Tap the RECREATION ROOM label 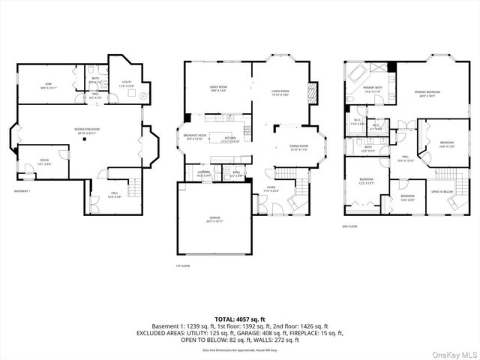tap(88, 130)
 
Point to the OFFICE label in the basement tap(44, 161)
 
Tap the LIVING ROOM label tap(280, 93)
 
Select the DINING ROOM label tap(289, 148)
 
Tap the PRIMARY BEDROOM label tap(427, 93)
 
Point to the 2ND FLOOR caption tap(349, 226)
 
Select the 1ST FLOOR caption tap(182, 265)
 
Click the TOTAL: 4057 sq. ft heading tap(239, 319)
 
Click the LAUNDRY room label tap(204, 173)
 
